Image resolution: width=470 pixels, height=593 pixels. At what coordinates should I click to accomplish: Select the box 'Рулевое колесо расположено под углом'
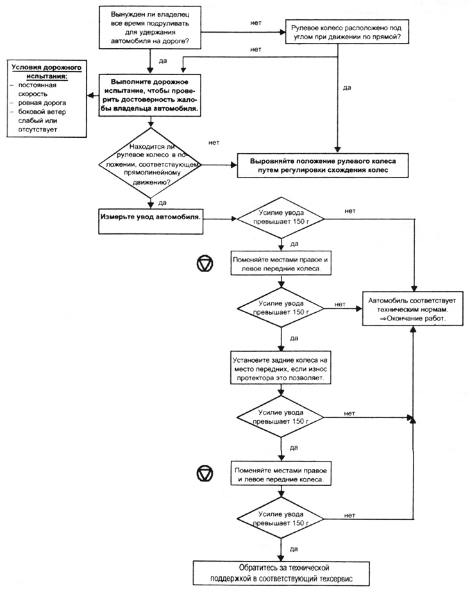coord(347,33)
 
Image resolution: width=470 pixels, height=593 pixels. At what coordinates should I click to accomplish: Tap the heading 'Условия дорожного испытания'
coord(46,71)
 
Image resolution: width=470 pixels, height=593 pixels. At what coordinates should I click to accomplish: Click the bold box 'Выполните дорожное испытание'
coord(150,95)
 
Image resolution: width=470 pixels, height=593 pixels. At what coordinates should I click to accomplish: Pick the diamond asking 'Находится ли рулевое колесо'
coord(150,165)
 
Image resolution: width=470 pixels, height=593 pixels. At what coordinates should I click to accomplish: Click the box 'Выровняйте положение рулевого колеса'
coord(323,165)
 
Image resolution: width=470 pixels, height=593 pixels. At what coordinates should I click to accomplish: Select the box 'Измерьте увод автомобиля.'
coord(151,221)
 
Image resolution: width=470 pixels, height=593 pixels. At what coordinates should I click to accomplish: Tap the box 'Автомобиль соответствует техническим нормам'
coord(412,309)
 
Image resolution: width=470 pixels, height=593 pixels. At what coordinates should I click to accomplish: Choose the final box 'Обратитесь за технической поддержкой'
coord(281,573)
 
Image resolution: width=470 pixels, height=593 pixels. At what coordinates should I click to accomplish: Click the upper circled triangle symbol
coord(205,263)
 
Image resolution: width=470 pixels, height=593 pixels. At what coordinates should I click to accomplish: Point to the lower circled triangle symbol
coord(205,474)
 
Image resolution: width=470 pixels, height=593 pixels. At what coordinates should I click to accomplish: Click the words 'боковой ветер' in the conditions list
coord(42,112)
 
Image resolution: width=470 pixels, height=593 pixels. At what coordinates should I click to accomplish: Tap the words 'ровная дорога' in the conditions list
coord(42,103)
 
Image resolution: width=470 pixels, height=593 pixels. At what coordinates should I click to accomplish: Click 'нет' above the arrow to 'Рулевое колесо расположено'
coord(256,22)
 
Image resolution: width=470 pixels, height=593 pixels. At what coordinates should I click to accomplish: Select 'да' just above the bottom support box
coord(294,549)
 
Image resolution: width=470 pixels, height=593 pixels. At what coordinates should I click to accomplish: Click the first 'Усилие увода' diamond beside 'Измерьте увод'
coord(281,218)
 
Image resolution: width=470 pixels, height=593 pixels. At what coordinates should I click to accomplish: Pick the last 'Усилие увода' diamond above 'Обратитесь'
coord(281,518)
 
